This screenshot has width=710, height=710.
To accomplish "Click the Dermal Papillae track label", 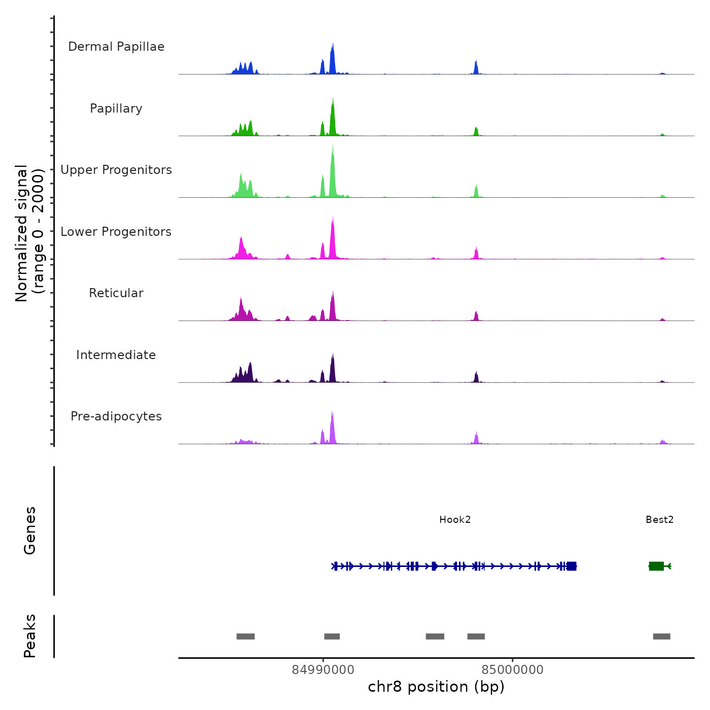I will (x=116, y=47).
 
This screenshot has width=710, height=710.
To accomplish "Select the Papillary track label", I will (x=116, y=109).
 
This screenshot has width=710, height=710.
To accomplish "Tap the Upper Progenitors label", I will (x=116, y=170).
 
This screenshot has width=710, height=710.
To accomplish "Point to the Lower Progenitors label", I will (x=116, y=232).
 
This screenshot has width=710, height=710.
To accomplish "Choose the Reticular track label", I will (x=116, y=293).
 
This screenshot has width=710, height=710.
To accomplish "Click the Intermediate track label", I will (x=116, y=355).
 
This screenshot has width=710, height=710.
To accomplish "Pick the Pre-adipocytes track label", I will (x=116, y=416).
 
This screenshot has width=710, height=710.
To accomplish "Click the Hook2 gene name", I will (x=455, y=520).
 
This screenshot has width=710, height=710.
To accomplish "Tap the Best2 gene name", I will (x=659, y=520).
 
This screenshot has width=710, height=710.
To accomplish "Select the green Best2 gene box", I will (x=656, y=566).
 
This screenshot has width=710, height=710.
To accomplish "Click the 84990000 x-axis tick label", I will (x=323, y=670).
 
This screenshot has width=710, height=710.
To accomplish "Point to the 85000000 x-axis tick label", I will (x=512, y=670).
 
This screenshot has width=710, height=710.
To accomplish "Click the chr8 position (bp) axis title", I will (x=436, y=687).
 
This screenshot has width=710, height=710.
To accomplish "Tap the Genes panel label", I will (x=30, y=530).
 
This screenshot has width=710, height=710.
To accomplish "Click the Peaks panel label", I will (x=30, y=636).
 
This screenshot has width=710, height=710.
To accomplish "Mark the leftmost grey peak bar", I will (x=245, y=636).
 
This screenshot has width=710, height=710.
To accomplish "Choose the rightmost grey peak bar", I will (x=661, y=636).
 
